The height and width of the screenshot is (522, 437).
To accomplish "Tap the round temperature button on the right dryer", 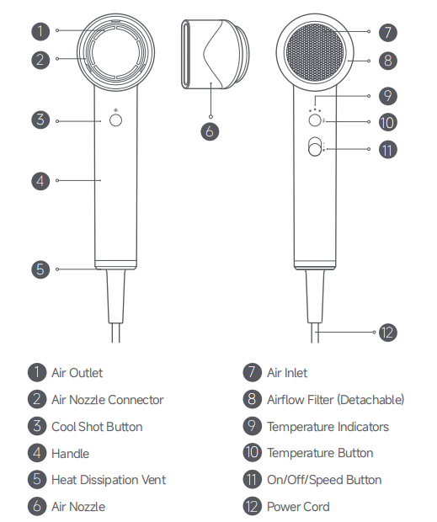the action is point(315,120).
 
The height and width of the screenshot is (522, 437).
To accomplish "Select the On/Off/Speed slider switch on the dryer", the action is point(315,146).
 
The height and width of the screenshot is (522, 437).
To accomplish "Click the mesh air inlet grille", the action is point(315,52).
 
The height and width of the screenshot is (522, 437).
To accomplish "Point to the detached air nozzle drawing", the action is point(215,54).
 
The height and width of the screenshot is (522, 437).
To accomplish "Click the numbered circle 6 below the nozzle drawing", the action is point(210,131).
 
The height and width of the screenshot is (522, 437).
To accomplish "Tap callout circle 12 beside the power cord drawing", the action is point(388,333).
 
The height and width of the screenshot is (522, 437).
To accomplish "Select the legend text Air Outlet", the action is point(77,373).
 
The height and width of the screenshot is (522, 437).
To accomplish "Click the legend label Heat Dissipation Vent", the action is point(109,480).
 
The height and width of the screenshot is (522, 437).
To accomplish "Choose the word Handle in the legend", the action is point(70,454).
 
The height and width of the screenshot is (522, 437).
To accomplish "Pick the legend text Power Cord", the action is point(298,507).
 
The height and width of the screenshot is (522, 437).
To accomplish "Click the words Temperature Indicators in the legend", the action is point(328,427).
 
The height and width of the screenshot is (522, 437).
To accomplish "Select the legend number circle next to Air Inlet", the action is point(253,372).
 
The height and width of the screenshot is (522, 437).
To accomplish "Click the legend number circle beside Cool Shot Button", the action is point(37,426).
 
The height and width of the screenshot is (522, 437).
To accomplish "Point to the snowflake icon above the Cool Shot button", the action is point(116,109).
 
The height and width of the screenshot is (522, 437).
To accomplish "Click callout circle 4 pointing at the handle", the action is point(40,181).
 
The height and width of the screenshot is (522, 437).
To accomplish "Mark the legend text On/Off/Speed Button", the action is point(324,480).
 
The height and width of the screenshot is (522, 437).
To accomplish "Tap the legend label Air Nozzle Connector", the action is point(108,400).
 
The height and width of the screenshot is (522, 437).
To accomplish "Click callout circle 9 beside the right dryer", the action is point(388,96).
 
